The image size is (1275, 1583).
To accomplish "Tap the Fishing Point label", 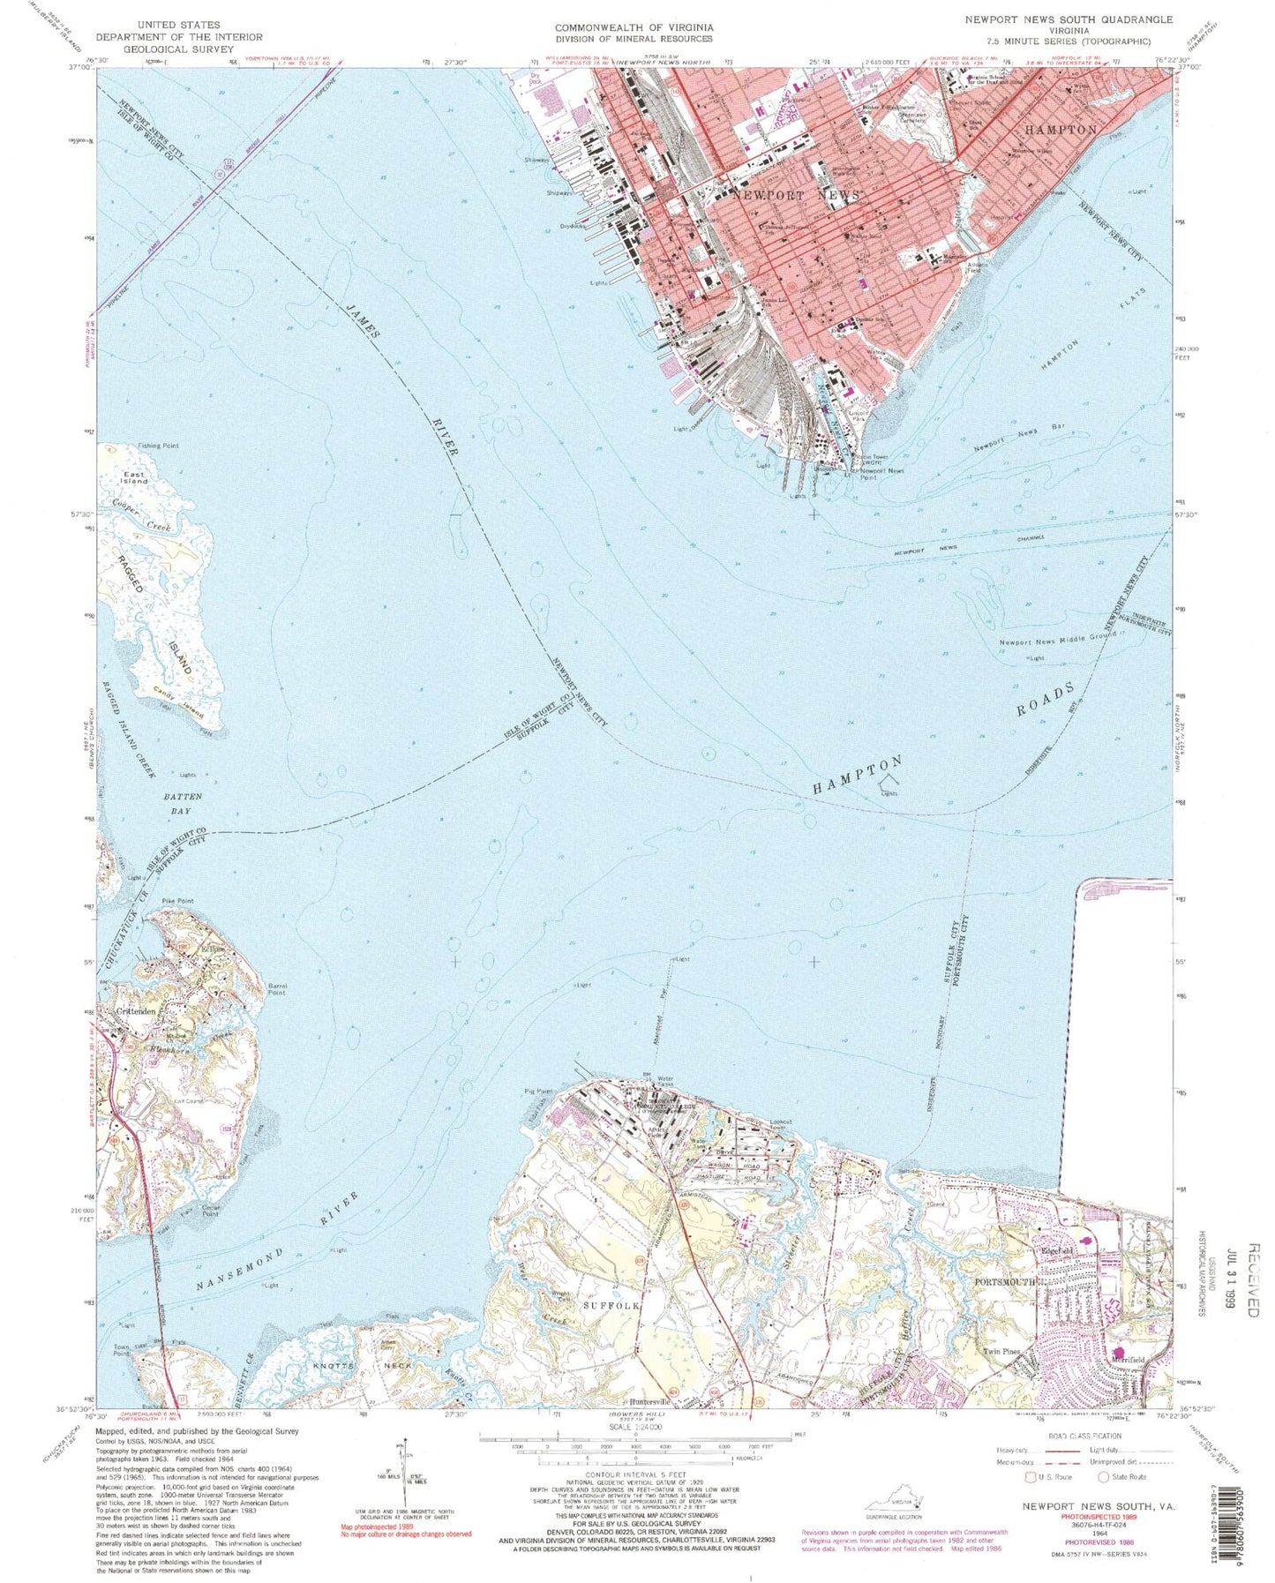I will coord(158,446).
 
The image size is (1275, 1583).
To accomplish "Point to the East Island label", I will coord(134,477).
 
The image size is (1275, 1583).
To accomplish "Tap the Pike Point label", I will coord(177,901).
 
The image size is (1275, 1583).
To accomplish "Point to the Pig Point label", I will coord(537,1092).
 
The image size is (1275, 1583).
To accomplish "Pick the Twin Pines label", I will coord(1002,1351).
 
